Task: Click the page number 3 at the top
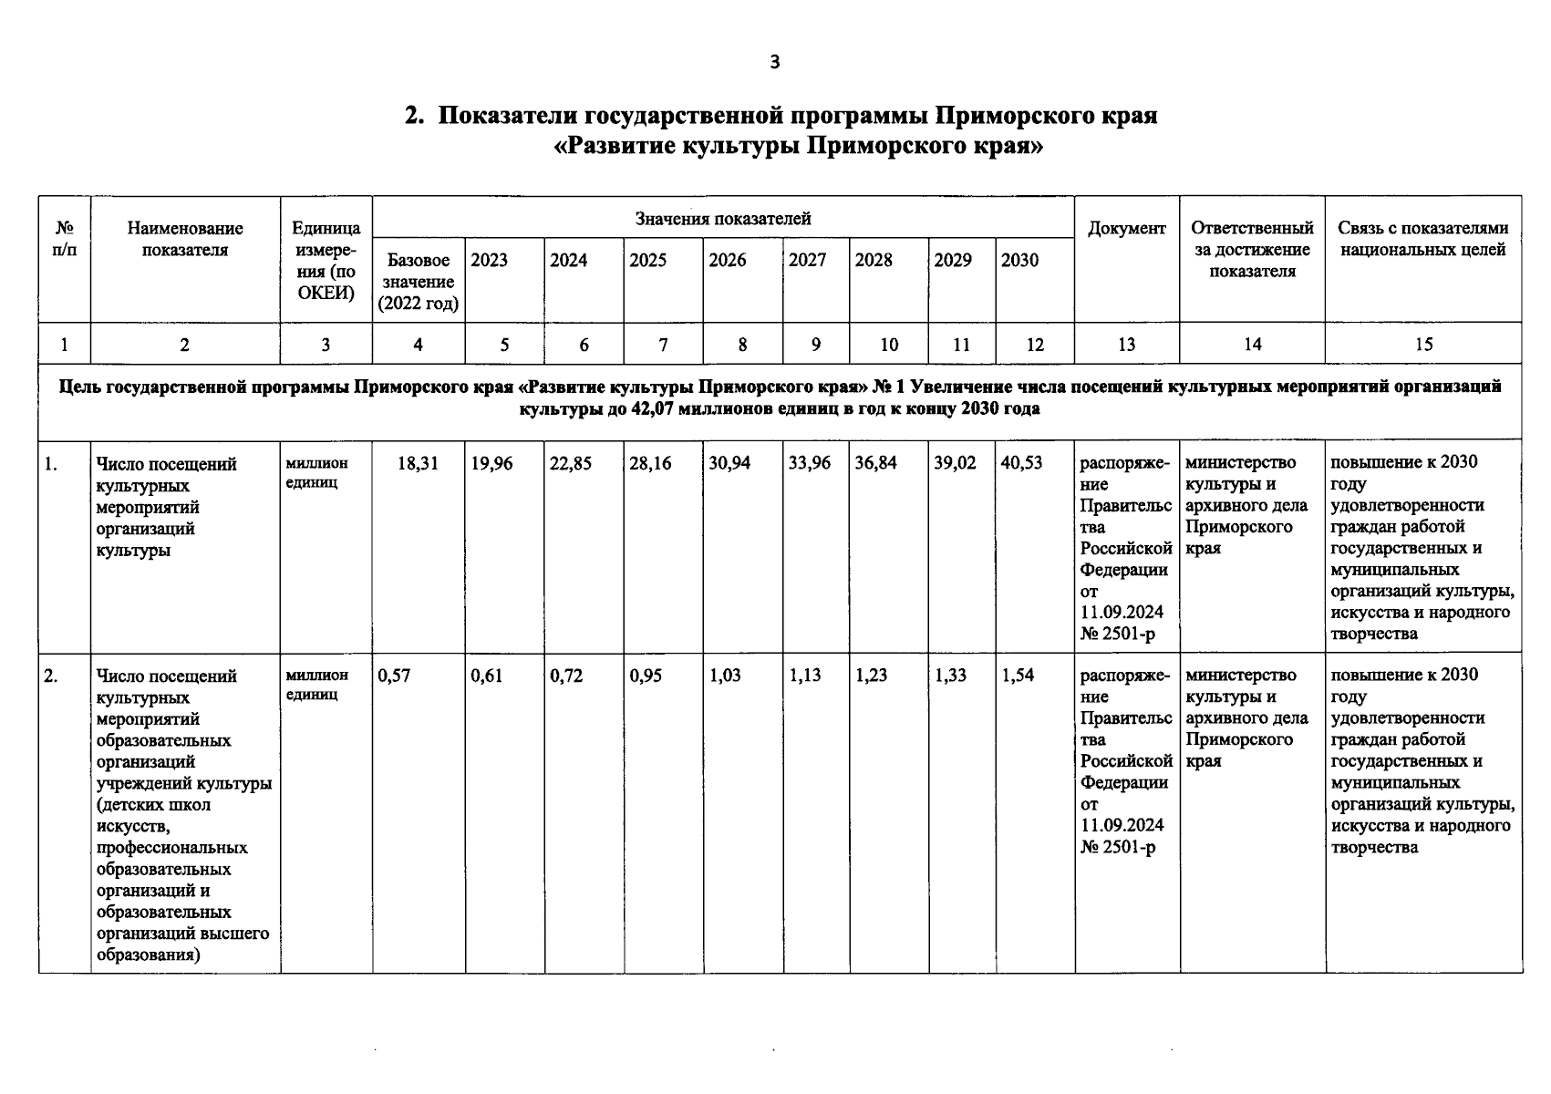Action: [775, 62]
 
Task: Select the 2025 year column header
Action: [647, 261]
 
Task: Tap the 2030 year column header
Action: [1019, 261]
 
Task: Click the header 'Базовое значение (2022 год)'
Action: [419, 282]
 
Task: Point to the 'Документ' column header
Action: [1127, 229]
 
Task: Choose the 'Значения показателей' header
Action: [723, 219]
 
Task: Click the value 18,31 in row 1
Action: [418, 463]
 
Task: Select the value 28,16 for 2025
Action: [650, 463]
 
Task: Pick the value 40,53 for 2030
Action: [1021, 463]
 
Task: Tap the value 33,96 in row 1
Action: [810, 463]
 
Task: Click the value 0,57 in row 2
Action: [394, 676]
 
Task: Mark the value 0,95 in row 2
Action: [646, 676]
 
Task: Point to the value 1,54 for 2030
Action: [1018, 676]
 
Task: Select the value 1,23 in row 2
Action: [871, 676]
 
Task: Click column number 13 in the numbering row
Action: [1127, 345]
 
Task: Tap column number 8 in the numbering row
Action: [742, 345]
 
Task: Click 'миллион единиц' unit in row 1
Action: [316, 473]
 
